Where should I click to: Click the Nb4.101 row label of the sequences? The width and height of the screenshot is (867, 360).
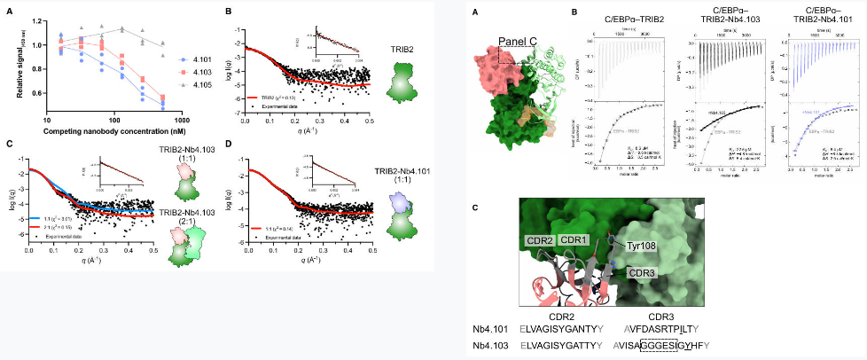(x=493, y=327)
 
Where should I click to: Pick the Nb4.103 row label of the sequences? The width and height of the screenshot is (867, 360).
(x=493, y=344)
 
